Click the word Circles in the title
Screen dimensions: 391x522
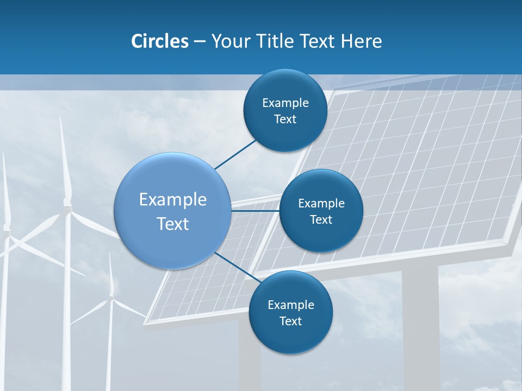click(x=159, y=41)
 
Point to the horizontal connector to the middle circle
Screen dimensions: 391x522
click(x=256, y=210)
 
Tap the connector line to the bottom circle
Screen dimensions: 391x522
click(x=234, y=266)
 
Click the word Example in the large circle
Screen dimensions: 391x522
click(x=173, y=199)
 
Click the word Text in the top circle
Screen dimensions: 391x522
click(x=285, y=119)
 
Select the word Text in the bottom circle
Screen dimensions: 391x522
click(x=290, y=321)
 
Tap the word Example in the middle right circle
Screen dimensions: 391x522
click(x=321, y=203)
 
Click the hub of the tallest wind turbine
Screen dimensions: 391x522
click(x=67, y=203)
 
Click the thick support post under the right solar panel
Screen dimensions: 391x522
click(x=420, y=326)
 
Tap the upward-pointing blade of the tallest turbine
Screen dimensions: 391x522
click(x=64, y=157)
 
